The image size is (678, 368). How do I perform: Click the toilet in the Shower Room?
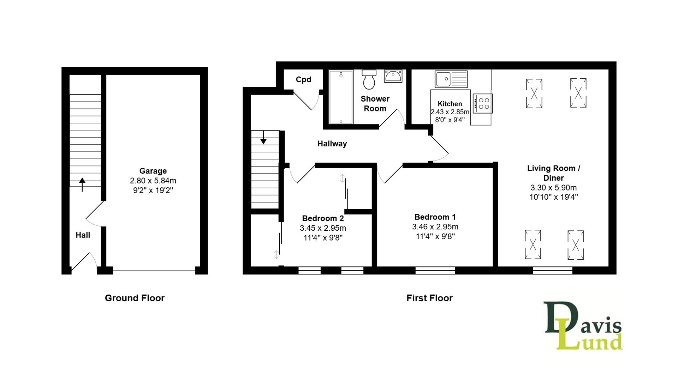pyautogui.click(x=369, y=80)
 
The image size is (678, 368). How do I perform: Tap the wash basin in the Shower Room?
pyautogui.click(x=393, y=76)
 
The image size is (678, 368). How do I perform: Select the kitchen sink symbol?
pyautogui.click(x=451, y=79)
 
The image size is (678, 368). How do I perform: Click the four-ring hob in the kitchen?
pyautogui.click(x=482, y=103)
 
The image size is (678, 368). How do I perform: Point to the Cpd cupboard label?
pyautogui.click(x=303, y=79)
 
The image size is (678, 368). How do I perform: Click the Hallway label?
pyautogui.click(x=332, y=144)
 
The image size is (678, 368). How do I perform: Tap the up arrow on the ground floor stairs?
pyautogui.click(x=82, y=183)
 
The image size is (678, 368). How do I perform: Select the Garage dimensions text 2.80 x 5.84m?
pyautogui.click(x=153, y=181)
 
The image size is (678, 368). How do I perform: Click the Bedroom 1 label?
pyautogui.click(x=435, y=217)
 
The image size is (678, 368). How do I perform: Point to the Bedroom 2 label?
pyautogui.click(x=323, y=218)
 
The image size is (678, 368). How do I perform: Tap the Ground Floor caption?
pyautogui.click(x=135, y=298)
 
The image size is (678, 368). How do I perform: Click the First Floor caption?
pyautogui.click(x=429, y=298)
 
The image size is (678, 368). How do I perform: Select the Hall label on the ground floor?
pyautogui.click(x=83, y=235)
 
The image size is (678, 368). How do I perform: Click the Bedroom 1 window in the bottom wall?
pyautogui.click(x=435, y=271)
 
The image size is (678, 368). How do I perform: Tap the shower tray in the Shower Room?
pyautogui.click(x=341, y=97)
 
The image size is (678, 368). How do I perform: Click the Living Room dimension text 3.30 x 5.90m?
pyautogui.click(x=553, y=188)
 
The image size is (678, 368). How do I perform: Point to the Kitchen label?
pyautogui.click(x=450, y=104)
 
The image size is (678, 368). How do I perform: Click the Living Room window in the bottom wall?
pyautogui.click(x=552, y=271)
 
